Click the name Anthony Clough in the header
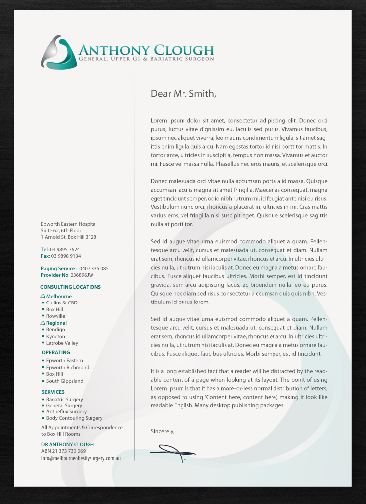[146, 50]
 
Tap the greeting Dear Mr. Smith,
[183, 93]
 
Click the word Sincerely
[162, 431]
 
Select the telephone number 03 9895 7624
[65, 249]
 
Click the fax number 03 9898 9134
[65, 256]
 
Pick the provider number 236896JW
[82, 275]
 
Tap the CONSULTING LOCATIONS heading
[71, 287]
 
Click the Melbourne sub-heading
[59, 296]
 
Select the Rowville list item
[56, 316]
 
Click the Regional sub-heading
[56, 323]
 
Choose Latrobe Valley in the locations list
[62, 343]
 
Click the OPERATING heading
[56, 352]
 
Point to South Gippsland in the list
[65, 381]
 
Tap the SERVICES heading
[53, 392]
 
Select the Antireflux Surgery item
[66, 411]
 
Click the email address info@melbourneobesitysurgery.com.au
[81, 458]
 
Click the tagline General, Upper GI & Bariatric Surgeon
[146, 59]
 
